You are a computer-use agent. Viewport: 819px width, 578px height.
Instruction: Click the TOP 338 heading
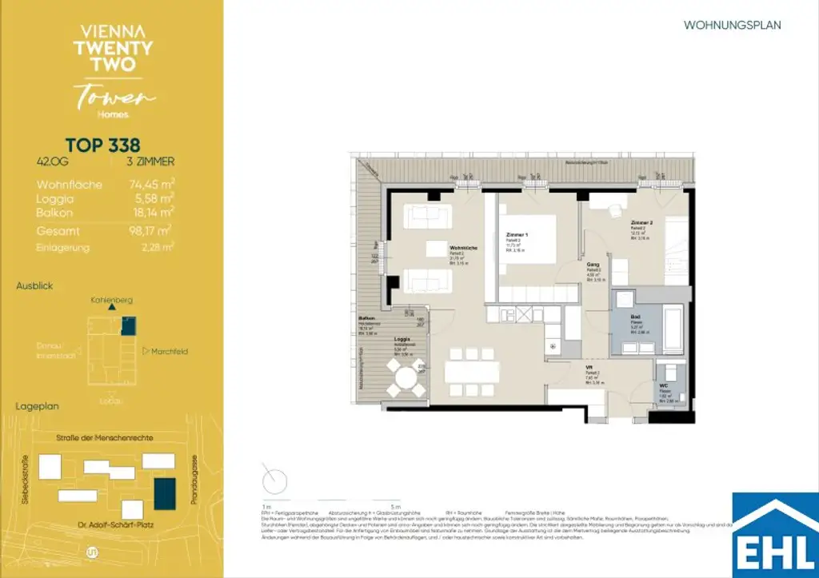click(x=102, y=145)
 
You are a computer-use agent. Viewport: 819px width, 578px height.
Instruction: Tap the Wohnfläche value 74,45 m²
click(x=152, y=185)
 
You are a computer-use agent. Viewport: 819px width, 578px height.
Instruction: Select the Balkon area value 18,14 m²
click(x=152, y=213)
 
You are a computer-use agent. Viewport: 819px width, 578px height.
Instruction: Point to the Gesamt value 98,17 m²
click(x=152, y=231)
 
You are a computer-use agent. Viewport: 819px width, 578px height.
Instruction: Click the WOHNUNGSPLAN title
click(x=732, y=26)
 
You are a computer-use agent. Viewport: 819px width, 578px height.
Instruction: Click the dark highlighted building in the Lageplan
click(x=166, y=494)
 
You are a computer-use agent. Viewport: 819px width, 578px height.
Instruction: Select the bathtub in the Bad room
click(x=670, y=328)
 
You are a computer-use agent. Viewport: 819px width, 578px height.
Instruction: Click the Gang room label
click(x=593, y=263)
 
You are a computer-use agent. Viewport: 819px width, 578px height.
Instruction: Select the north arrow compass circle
click(x=274, y=482)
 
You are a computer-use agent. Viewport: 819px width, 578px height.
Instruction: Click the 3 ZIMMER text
click(x=150, y=161)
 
